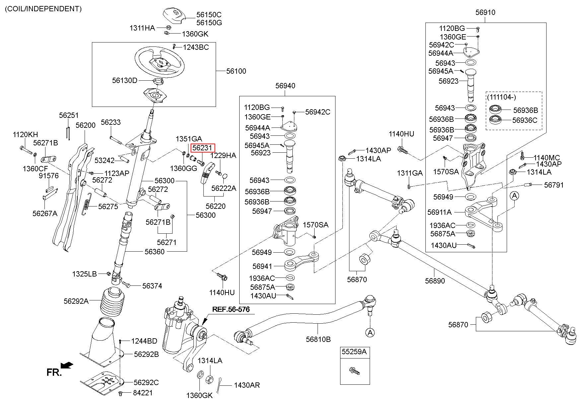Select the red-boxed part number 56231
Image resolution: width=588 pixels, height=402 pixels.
point(202,148)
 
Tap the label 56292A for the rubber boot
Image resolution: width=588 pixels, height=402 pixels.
point(76,301)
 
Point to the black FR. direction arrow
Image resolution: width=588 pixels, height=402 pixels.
point(68,365)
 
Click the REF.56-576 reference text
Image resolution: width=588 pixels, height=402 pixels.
point(231,309)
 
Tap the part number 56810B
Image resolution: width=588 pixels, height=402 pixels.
point(318,339)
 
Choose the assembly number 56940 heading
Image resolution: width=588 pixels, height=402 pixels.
point(285,86)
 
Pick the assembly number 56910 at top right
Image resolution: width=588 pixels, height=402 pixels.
point(485,12)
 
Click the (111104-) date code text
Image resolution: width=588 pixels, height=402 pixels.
point(502,97)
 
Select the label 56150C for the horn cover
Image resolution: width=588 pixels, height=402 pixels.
point(209,15)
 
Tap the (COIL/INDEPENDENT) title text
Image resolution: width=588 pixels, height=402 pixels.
point(43,9)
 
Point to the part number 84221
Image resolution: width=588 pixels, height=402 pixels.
point(143,393)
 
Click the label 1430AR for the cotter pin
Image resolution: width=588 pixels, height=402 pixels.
point(247,385)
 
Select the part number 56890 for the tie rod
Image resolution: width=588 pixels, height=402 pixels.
point(435,281)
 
